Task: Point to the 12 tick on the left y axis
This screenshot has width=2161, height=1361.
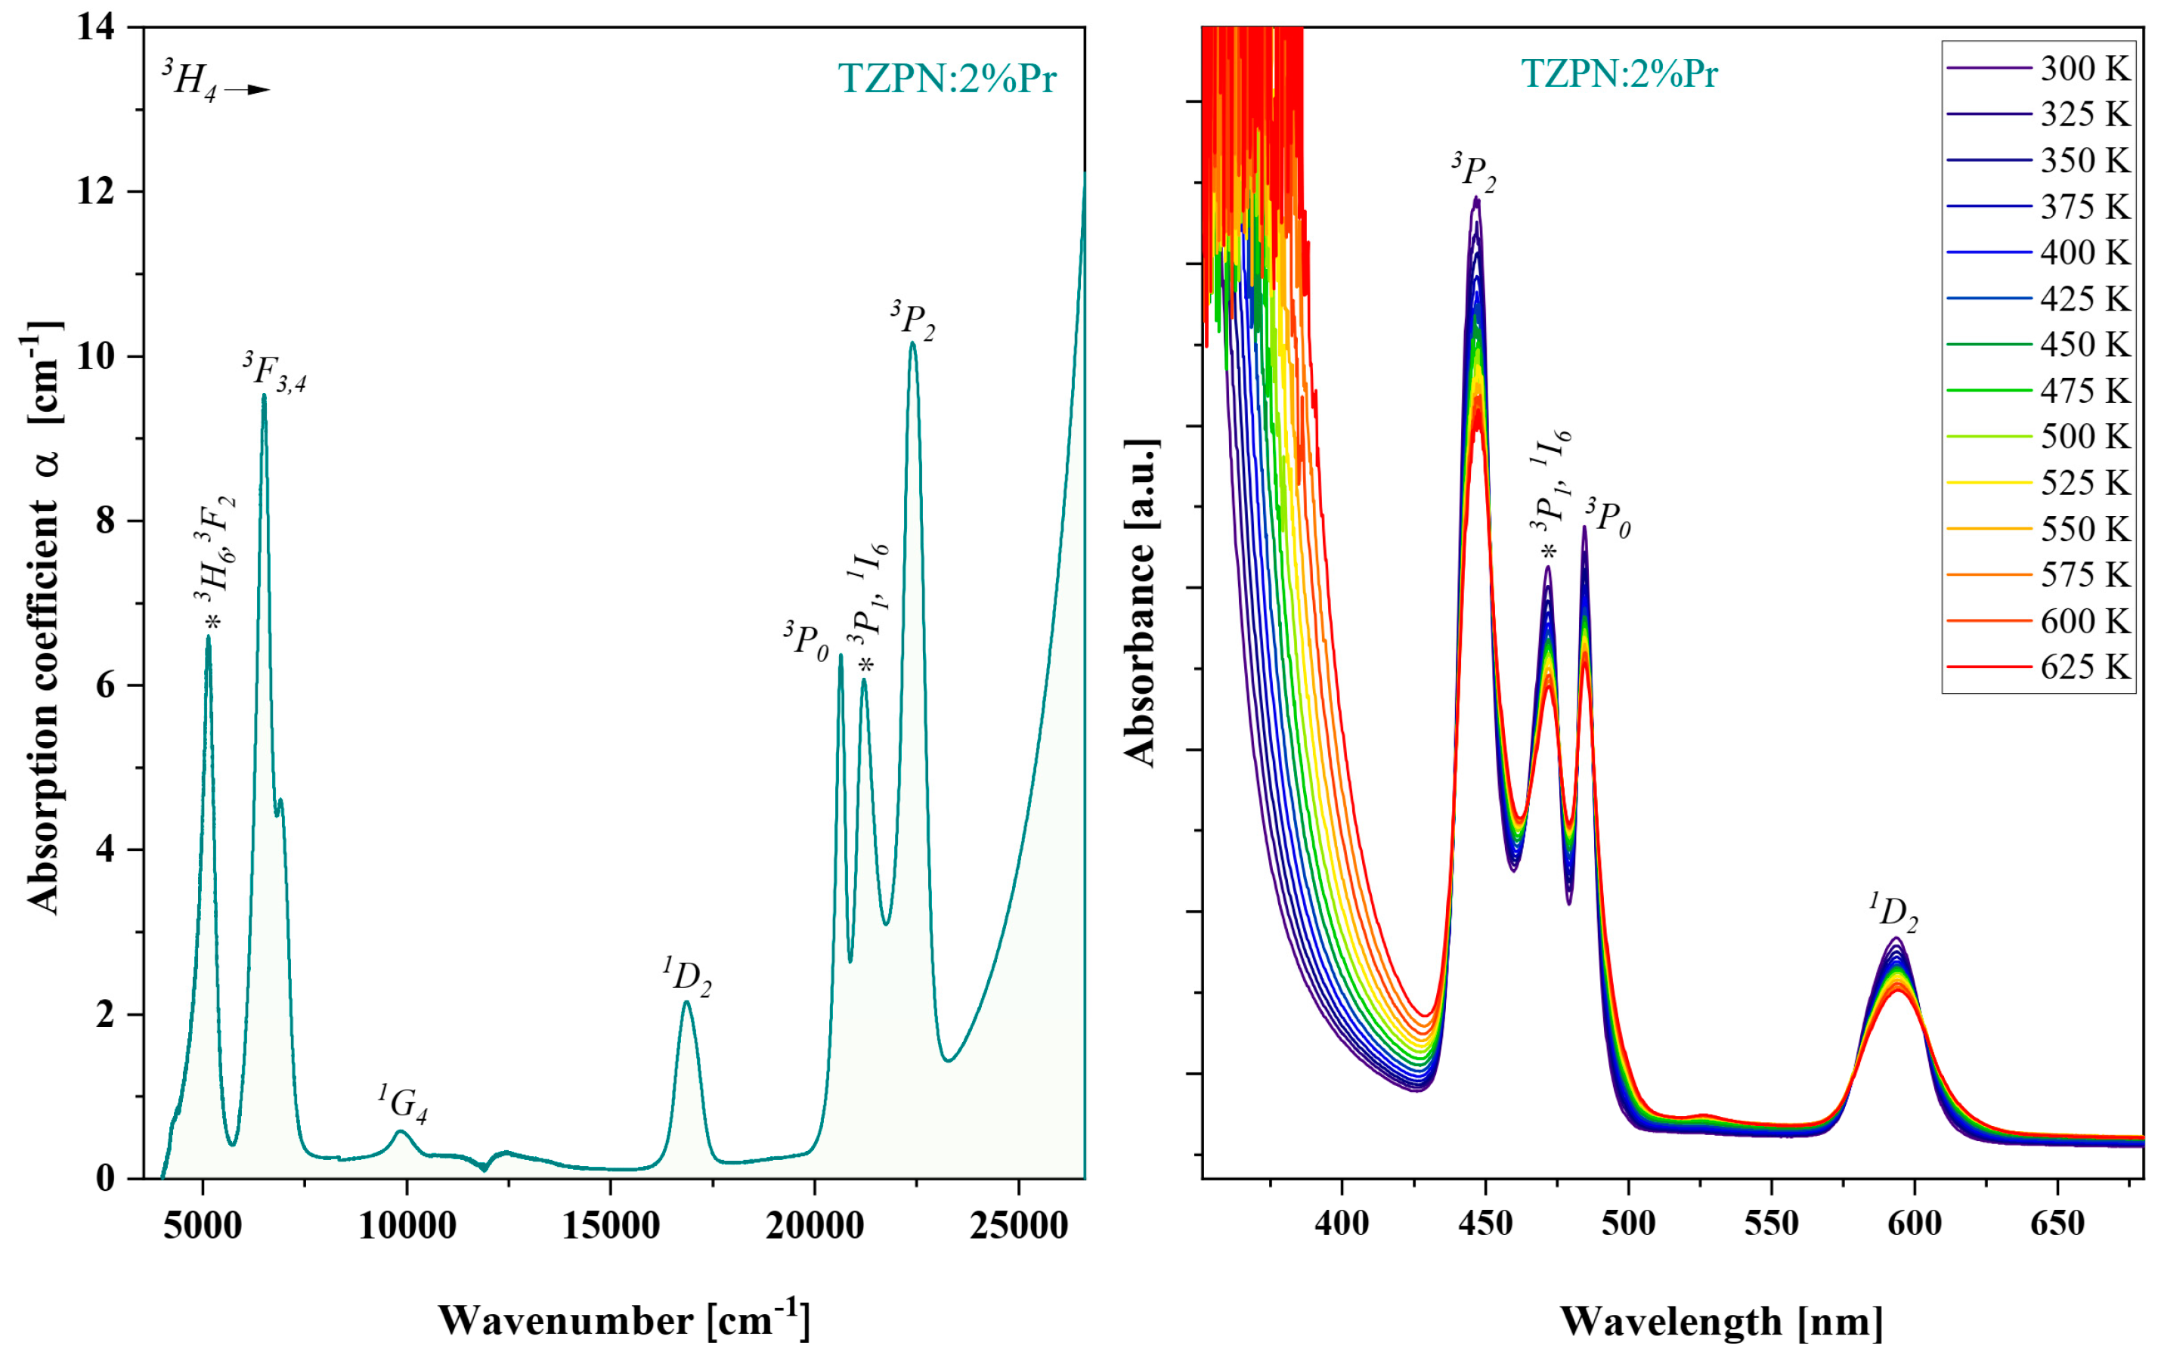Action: pos(96,192)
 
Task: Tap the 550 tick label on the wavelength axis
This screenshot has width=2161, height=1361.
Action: pos(1771,1223)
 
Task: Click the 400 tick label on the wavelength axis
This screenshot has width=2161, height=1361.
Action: pos(1342,1223)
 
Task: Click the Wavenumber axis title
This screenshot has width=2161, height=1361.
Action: pos(624,1319)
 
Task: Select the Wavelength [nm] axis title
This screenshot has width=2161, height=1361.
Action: pos(1720,1322)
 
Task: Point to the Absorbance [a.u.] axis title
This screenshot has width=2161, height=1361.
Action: pos(1141,603)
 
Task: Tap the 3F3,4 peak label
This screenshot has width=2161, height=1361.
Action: pos(274,373)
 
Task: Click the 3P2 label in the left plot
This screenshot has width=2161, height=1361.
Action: pos(912,321)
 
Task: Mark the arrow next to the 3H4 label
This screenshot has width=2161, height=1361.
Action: pos(247,90)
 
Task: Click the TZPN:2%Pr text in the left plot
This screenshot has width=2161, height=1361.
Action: pos(947,79)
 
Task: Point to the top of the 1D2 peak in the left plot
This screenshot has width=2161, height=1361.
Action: pos(686,1002)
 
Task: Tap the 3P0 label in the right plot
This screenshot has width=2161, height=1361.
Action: pos(1608,518)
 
